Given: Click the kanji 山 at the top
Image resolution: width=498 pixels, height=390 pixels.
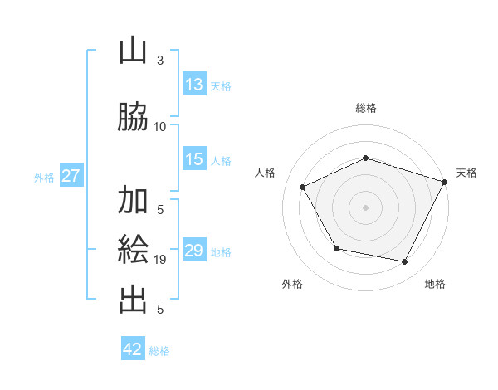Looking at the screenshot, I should pyautogui.click(x=134, y=51).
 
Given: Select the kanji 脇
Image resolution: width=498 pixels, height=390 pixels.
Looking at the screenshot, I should pyautogui.click(x=134, y=117).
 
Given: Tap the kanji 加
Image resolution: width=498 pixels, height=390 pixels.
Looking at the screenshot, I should pyautogui.click(x=134, y=200).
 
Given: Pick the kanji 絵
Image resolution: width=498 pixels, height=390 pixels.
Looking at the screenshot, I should pyautogui.click(x=134, y=250).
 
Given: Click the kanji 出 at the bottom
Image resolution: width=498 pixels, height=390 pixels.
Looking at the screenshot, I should pyautogui.click(x=134, y=300).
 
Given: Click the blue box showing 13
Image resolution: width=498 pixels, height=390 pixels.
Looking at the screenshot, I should pyautogui.click(x=194, y=85).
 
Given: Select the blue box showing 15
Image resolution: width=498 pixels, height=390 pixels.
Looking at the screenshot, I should pyautogui.click(x=194, y=159).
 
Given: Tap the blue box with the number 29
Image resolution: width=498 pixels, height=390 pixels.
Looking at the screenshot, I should pyautogui.click(x=194, y=251).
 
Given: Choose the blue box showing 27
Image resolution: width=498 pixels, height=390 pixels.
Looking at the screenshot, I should pyautogui.click(x=71, y=176).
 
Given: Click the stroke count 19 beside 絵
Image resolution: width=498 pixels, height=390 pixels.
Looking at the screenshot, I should pyautogui.click(x=160, y=260).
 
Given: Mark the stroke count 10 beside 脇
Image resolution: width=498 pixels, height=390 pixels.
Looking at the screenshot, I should pyautogui.click(x=160, y=127).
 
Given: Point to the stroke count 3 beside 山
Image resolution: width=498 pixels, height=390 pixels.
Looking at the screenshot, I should pyautogui.click(x=160, y=61).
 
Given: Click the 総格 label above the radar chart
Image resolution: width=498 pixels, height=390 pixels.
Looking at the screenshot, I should pyautogui.click(x=366, y=109).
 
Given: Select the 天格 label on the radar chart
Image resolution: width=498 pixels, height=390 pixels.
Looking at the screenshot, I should pyautogui.click(x=466, y=173).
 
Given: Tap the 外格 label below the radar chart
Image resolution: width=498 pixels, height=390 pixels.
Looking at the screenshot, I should pyautogui.click(x=292, y=285).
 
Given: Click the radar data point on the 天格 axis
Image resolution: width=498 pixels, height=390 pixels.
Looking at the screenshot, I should pyautogui.click(x=445, y=181).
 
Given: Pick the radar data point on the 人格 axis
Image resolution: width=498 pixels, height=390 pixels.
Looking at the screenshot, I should pyautogui.click(x=303, y=187).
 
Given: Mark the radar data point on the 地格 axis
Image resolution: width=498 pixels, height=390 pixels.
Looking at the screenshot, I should pyautogui.click(x=405, y=261).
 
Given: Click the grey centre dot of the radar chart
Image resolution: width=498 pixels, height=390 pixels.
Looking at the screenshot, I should pyautogui.click(x=366, y=207).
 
